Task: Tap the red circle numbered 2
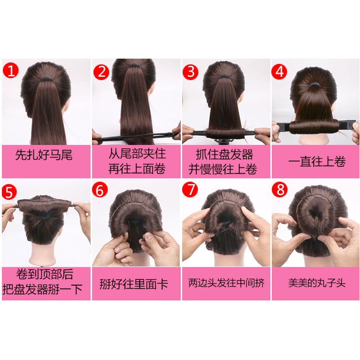tap(101, 72)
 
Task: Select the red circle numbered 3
tap(192, 72)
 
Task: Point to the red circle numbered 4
tap(281, 72)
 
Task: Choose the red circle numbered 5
tap(10, 192)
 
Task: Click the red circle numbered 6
tap(101, 190)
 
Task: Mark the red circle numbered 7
tap(191, 190)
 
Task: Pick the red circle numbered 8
tap(281, 190)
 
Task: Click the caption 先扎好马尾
tap(44, 156)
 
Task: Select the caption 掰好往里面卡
tap(134, 285)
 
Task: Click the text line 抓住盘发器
tap(226, 154)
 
